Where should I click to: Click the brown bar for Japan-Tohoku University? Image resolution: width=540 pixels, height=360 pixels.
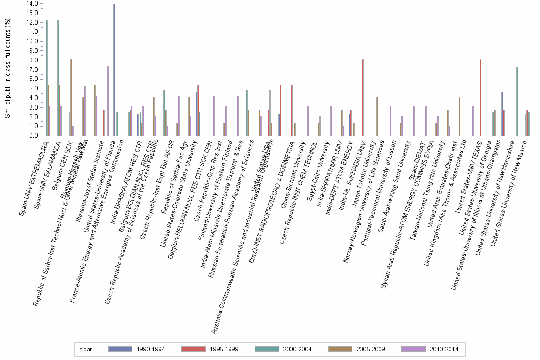[377, 116]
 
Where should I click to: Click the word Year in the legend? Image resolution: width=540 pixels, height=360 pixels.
[86, 350]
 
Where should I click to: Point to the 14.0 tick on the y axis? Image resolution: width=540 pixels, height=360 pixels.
[33, 4]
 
